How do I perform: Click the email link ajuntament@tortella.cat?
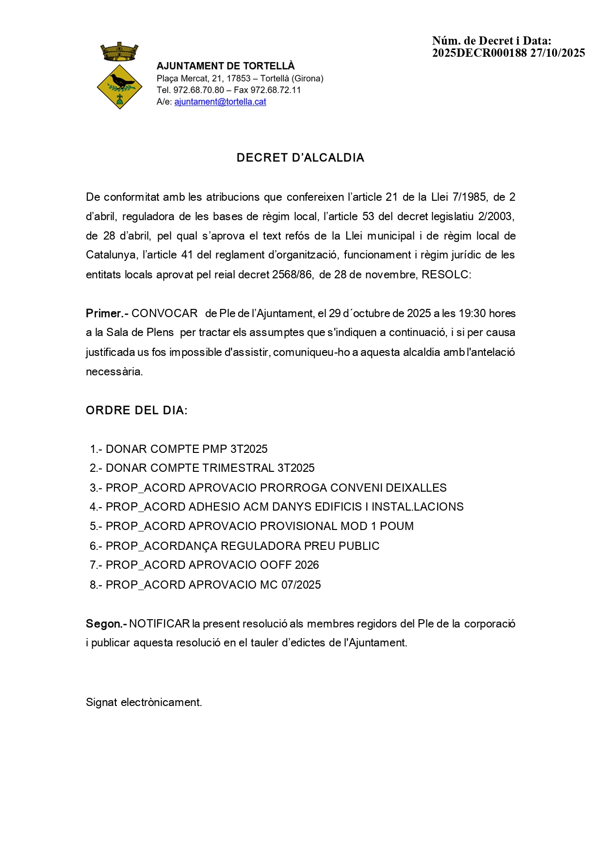220,102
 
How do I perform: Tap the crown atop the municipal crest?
119,52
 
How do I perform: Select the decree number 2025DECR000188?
479,53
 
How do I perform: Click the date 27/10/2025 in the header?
557,53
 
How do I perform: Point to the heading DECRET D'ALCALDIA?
300,158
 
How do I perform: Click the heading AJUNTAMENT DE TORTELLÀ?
226,66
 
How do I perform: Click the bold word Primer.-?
107,313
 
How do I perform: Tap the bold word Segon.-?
106,624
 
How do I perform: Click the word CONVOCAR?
164,313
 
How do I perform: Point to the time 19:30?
472,313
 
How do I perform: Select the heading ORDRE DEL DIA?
136,410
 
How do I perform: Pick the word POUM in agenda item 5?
397,526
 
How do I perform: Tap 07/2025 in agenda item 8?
301,585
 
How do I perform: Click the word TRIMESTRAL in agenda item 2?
238,468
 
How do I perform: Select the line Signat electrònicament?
144,702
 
